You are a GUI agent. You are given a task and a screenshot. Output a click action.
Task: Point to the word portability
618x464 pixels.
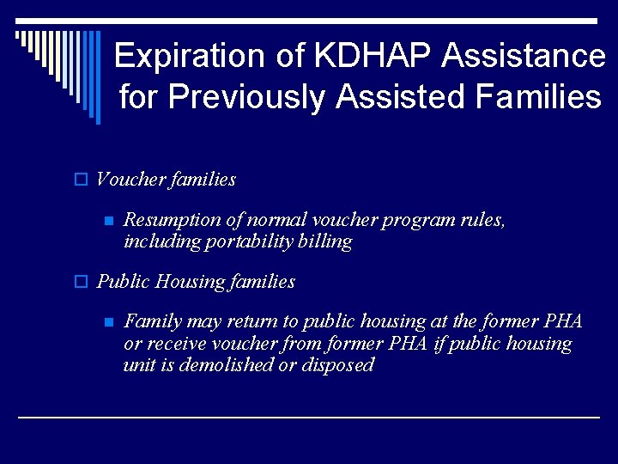click(x=243, y=241)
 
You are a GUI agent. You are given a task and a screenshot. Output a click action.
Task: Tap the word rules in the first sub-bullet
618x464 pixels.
click(x=482, y=220)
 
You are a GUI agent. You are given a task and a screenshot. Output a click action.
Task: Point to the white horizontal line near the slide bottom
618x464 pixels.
click(x=309, y=417)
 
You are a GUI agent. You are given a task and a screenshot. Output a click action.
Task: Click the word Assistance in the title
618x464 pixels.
click(x=524, y=57)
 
